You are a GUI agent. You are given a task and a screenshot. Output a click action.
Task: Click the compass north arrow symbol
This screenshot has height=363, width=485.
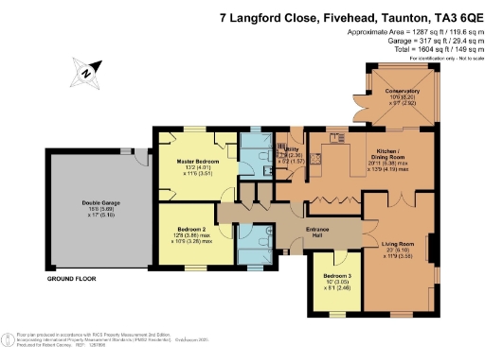pyautogui.click(x=85, y=71)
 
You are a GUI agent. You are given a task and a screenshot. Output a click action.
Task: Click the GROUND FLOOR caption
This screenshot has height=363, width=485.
pyautogui.click(x=72, y=281)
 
